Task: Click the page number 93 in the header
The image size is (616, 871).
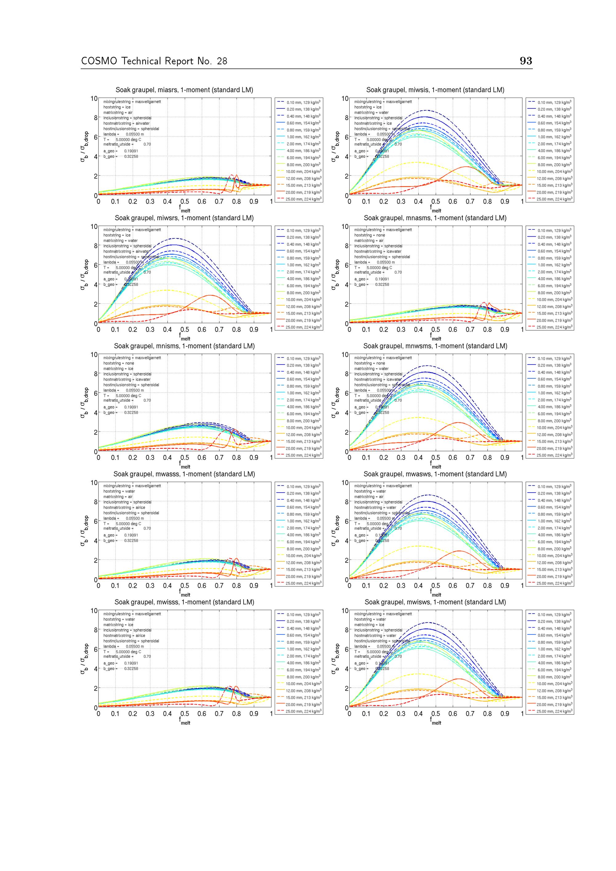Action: click(x=526, y=61)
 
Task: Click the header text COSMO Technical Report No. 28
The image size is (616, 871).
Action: click(x=154, y=61)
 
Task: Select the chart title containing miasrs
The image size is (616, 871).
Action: click(x=184, y=90)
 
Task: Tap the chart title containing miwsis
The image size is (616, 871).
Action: click(x=435, y=90)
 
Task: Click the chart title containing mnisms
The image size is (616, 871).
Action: click(x=184, y=346)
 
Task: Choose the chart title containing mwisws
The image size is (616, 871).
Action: click(x=435, y=602)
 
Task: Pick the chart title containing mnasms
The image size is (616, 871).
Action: click(x=435, y=218)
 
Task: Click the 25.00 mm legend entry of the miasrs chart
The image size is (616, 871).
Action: click(x=303, y=199)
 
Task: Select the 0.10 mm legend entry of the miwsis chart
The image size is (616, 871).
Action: click(x=554, y=102)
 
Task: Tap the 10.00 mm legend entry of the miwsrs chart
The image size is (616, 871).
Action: click(x=303, y=300)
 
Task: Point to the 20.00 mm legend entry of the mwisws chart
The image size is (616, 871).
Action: click(x=554, y=704)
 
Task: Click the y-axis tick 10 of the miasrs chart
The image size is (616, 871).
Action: click(x=94, y=99)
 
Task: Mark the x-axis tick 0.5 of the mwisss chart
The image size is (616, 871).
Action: click(x=185, y=714)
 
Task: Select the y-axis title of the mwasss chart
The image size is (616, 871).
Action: click(x=84, y=531)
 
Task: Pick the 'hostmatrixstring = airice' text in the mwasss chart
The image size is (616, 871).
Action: click(x=124, y=507)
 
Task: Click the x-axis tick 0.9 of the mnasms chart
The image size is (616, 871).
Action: click(x=505, y=330)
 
